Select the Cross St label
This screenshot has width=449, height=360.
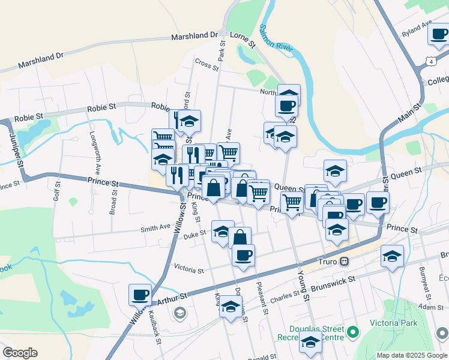point(205,63)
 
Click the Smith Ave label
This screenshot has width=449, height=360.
point(155,228)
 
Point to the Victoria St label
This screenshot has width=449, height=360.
point(188,269)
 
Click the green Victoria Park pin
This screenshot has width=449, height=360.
point(354,331)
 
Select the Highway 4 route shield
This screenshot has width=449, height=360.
point(430,61)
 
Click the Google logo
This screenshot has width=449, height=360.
point(20,353)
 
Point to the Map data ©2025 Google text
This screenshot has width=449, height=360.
point(412,355)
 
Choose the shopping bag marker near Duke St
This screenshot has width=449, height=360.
point(239,238)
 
